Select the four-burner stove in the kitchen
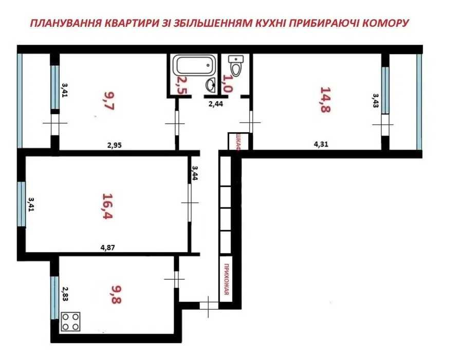pos(71,321)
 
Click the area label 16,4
pos(107,206)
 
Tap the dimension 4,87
pos(107,247)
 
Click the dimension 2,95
pos(114,145)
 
